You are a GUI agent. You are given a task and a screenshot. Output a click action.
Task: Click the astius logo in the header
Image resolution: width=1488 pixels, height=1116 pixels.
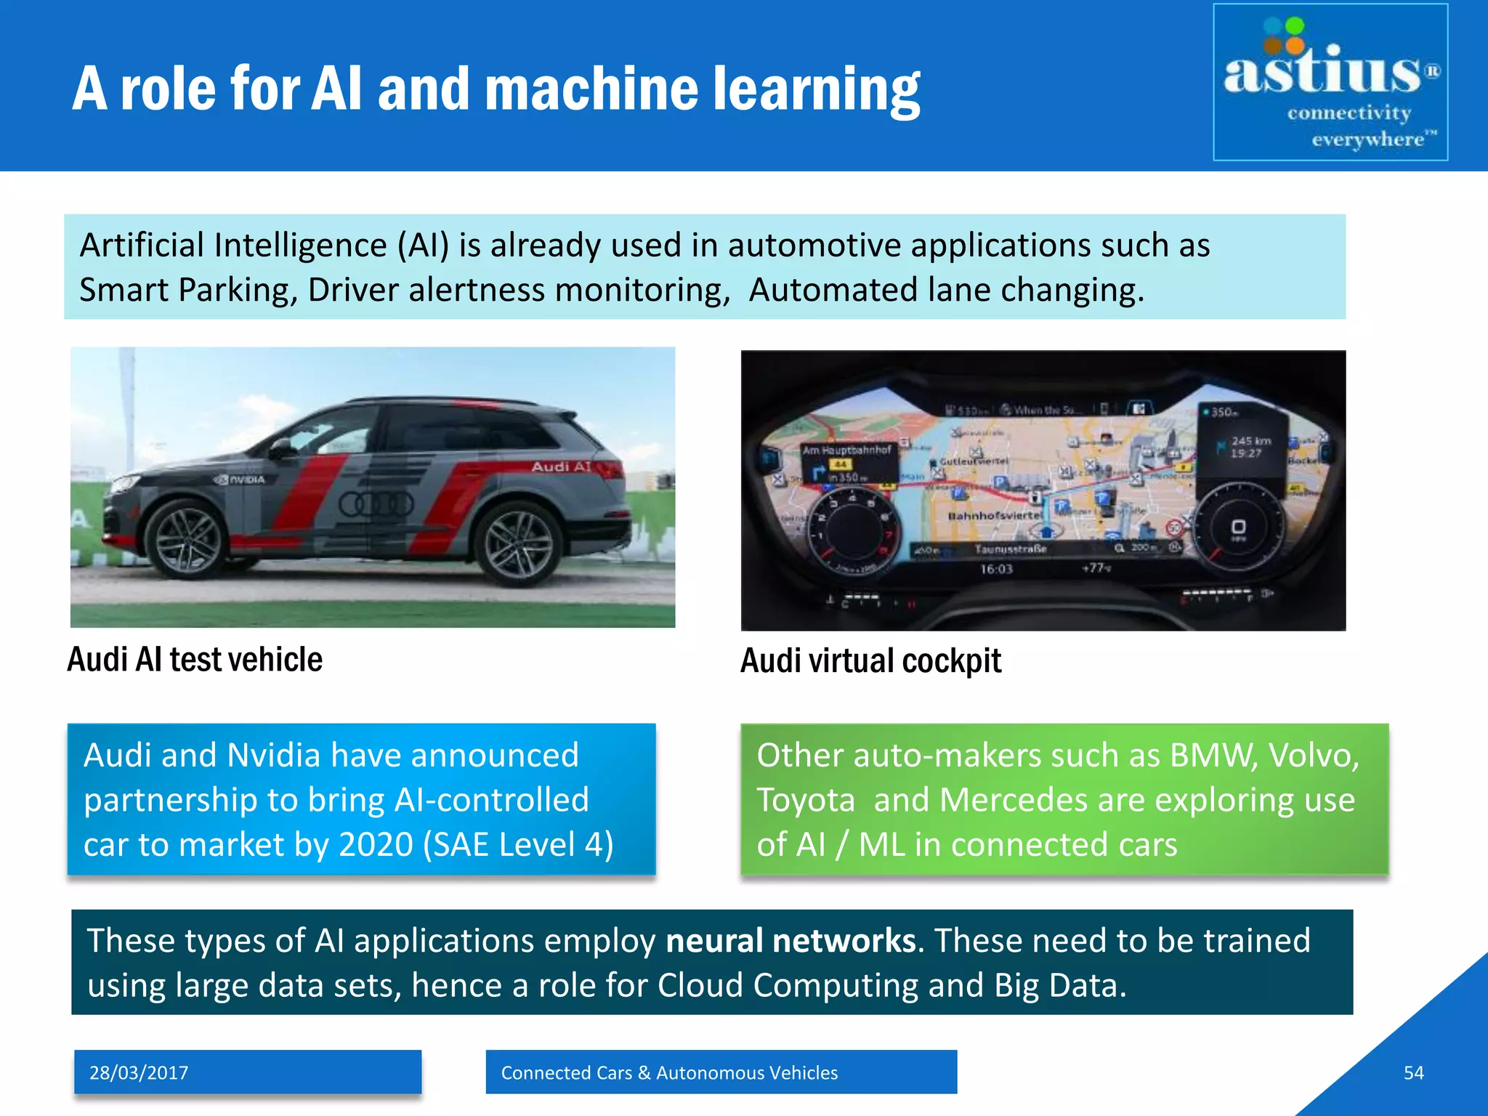tap(1330, 81)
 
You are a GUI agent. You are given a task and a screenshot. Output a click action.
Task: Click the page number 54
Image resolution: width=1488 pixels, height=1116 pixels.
tap(1413, 1072)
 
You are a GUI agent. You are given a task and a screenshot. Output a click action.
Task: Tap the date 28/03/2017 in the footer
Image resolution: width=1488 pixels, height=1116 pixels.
tap(139, 1072)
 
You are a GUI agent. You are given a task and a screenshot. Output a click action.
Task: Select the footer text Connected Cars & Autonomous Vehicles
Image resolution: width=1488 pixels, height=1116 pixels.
tap(669, 1072)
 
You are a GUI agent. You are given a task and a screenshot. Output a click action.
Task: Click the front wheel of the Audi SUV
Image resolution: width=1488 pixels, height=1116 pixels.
tap(185, 538)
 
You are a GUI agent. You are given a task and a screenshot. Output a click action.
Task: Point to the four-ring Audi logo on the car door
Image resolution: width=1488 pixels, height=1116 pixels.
tap(376, 504)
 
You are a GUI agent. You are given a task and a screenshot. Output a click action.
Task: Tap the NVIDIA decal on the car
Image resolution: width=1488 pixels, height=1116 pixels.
tap(240, 480)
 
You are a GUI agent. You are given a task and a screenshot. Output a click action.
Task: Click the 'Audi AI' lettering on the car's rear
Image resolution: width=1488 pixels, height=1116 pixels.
tap(561, 466)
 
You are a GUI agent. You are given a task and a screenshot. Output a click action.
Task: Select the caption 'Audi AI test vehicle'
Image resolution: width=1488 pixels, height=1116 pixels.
tap(195, 660)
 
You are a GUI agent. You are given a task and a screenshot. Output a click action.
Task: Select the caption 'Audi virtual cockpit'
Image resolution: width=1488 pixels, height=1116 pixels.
tap(870, 661)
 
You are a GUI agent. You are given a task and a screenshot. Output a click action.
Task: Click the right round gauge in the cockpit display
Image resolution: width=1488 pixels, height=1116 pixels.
tap(1237, 525)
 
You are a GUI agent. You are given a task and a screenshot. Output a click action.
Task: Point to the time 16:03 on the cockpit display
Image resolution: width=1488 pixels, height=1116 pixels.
tap(996, 569)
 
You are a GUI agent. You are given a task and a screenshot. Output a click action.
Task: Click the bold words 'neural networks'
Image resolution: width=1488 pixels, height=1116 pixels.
tap(790, 940)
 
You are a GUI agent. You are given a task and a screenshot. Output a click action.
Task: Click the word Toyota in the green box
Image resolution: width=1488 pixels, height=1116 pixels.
tap(805, 800)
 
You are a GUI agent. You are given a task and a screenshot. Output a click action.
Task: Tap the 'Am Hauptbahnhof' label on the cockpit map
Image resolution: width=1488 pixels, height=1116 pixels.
tap(846, 450)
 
